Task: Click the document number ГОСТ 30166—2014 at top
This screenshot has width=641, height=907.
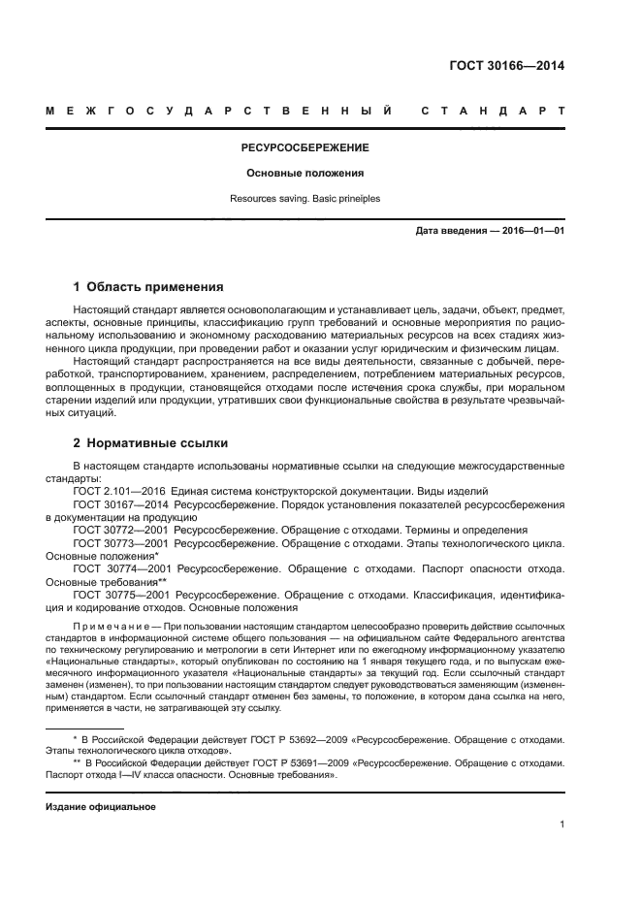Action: (507, 67)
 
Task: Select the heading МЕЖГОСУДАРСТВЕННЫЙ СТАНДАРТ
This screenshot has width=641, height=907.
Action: (305, 111)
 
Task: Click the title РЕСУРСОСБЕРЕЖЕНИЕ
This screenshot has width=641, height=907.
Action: (304, 148)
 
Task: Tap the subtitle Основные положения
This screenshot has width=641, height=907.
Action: (304, 174)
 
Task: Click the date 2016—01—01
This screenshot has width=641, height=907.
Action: (531, 232)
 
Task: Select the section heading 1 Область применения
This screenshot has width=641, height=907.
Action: (148, 287)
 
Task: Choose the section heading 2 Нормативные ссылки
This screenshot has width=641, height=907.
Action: (150, 443)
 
